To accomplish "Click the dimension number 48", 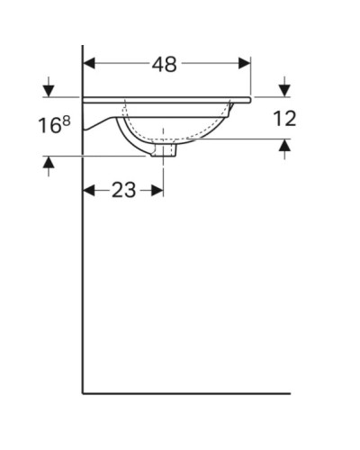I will pyautogui.click(x=165, y=64).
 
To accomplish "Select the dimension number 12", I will pyautogui.click(x=285, y=118).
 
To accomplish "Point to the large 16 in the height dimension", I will pyautogui.click(x=49, y=125).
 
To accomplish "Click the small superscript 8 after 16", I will pyautogui.click(x=66, y=120).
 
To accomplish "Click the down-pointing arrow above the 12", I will pyautogui.click(x=285, y=89).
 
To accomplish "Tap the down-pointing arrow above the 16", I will pyautogui.click(x=49, y=90).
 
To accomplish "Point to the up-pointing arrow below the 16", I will pyautogui.click(x=49, y=163).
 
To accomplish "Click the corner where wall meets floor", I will pyautogui.click(x=83, y=393).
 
